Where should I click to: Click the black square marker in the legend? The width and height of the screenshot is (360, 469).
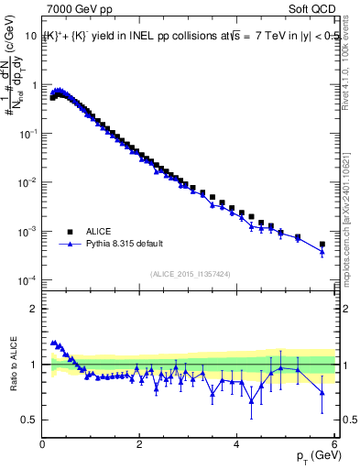pos(70,233)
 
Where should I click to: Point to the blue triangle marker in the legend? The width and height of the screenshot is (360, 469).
pos(70,245)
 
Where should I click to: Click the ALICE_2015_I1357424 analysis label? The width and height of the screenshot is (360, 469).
pos(191,273)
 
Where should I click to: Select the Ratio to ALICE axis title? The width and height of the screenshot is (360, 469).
pos(12,364)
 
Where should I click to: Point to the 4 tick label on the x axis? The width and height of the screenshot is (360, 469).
pos(237,444)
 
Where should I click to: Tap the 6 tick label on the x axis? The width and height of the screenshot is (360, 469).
pos(334,444)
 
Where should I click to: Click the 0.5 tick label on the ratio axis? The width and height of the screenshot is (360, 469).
pos(29,420)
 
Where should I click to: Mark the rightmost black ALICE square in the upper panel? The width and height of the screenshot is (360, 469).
pos(322,245)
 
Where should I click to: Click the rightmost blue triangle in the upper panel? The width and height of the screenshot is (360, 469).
pos(322,252)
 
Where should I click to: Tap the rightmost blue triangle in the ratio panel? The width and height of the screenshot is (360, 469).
pos(322,392)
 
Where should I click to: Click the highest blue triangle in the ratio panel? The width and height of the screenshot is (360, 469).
pos(53,343)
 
